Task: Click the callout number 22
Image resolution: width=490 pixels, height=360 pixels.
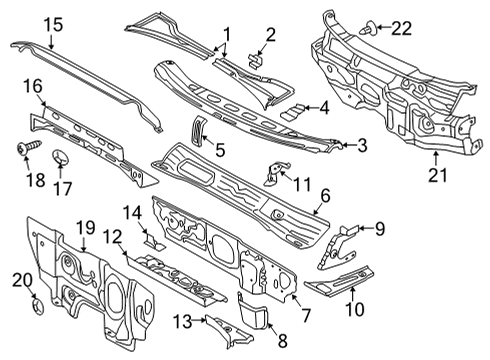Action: click(401, 29)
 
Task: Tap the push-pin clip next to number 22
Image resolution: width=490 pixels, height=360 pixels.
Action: click(369, 28)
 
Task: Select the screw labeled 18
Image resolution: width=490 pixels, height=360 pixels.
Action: click(30, 146)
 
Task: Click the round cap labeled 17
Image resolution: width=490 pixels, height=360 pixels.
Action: click(61, 157)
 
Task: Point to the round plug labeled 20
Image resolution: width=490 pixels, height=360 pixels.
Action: click(38, 306)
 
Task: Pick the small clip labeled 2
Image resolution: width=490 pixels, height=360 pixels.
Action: click(256, 61)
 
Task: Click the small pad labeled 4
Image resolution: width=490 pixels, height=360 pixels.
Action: click(293, 111)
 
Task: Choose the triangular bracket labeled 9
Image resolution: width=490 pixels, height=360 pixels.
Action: click(337, 246)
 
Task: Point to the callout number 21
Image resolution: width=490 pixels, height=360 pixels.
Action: click(437, 175)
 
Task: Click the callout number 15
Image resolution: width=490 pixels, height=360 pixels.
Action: click(53, 25)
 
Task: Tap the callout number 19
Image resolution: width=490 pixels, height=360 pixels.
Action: click(86, 228)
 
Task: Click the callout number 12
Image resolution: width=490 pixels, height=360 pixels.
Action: click(112, 237)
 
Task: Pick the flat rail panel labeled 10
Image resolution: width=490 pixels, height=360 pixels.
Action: click(339, 281)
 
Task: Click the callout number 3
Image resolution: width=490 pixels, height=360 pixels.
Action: click(362, 146)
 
